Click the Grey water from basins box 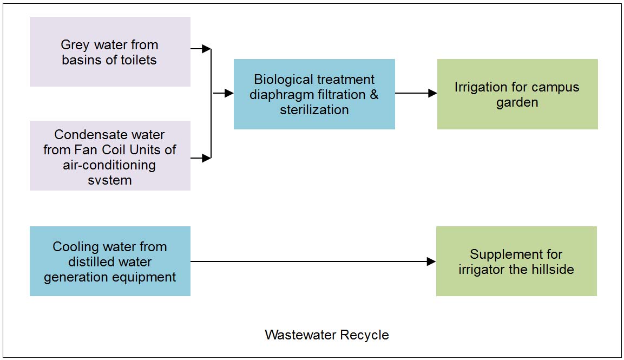pos(110,51)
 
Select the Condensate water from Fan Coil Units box pos(110,155)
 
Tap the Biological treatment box pos(314,94)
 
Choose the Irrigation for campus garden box pos(517,94)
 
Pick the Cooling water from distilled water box pos(110,261)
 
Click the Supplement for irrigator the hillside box pos(516,261)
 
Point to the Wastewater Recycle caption pos(327,335)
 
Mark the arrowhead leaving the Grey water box pos(206,49)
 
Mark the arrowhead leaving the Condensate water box pos(206,158)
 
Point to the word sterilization pos(314,109)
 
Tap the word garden pos(517,102)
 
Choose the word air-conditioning pos(109,165)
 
